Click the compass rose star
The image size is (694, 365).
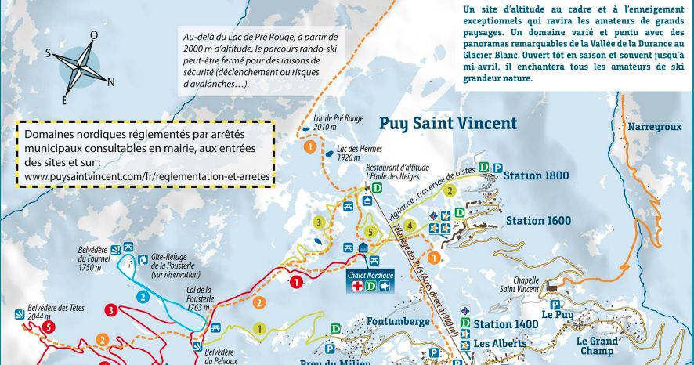pos(79,66)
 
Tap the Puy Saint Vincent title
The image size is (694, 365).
pos(448,123)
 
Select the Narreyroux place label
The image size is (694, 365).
pos(654,126)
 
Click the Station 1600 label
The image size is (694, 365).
pos(538,221)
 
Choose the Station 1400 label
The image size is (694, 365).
pos(505,324)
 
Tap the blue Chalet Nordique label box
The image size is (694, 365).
pos(368,275)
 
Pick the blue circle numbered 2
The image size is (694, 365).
pos(143,297)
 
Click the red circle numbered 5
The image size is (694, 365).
pos(49,327)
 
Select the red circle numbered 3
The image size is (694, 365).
pos(112,311)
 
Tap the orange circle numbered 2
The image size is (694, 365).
pos(103,339)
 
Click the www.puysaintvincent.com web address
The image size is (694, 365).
pos(146,177)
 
